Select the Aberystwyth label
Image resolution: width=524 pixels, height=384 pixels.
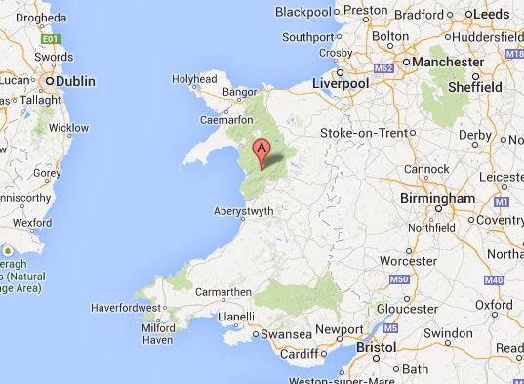pos(245,210)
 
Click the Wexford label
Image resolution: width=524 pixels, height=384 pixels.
pos(31,222)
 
